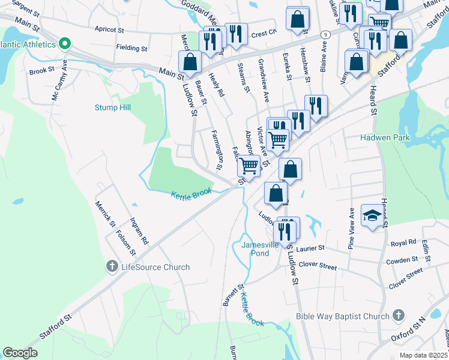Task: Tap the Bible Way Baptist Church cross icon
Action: click(x=399, y=316)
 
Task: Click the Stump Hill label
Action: click(x=112, y=107)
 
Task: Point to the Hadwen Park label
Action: click(x=384, y=137)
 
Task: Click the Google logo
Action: click(x=20, y=353)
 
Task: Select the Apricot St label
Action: click(x=109, y=29)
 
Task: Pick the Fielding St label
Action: click(x=132, y=48)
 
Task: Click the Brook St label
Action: click(x=42, y=71)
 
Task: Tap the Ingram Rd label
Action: click(x=139, y=232)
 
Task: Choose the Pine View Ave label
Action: click(x=352, y=228)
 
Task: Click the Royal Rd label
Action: click(x=403, y=243)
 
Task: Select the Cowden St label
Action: click(x=402, y=260)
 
